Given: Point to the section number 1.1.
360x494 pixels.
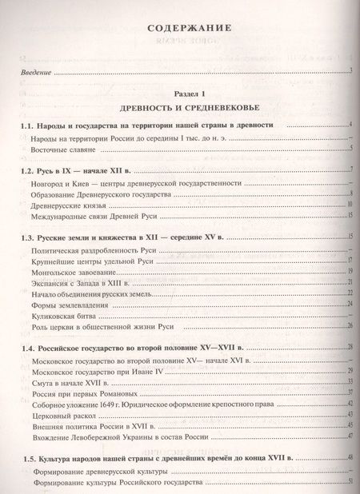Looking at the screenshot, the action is [29, 126].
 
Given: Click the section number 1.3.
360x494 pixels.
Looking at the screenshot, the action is [29, 238].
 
